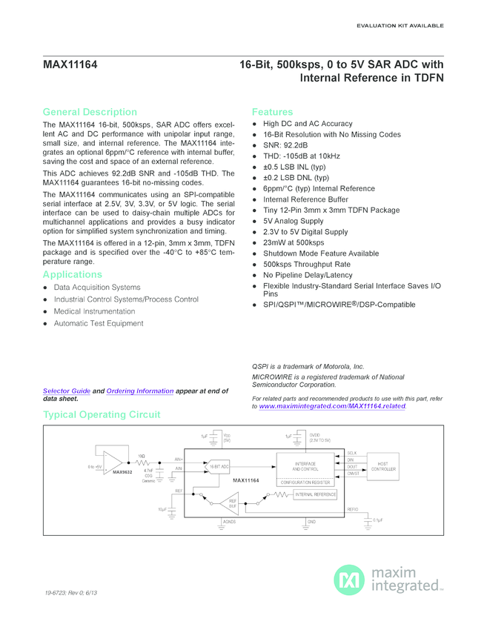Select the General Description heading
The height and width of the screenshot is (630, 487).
coord(90,112)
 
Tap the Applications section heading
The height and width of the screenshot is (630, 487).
coord(72,275)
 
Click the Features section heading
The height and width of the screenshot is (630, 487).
coord(272,112)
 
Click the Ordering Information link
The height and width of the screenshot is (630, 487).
coord(140,391)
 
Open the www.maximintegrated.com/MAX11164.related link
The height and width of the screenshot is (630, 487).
coord(333,406)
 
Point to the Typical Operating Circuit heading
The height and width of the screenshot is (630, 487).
coord(102,415)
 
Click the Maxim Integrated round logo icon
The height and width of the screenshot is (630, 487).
coord(348,580)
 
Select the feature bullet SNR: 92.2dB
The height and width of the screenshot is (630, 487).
coord(285,145)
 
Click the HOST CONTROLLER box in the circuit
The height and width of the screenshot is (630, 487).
coord(382,466)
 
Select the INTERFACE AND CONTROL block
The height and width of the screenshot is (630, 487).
coord(305,466)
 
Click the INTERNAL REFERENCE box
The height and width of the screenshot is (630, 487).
coord(316,494)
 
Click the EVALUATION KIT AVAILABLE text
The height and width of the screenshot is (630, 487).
coord(400,26)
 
